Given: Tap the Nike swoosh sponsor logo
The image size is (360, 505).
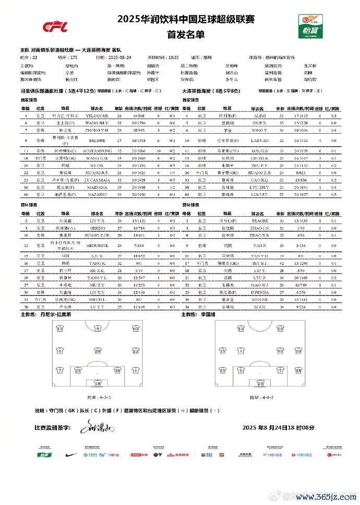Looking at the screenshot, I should point(71,454).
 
